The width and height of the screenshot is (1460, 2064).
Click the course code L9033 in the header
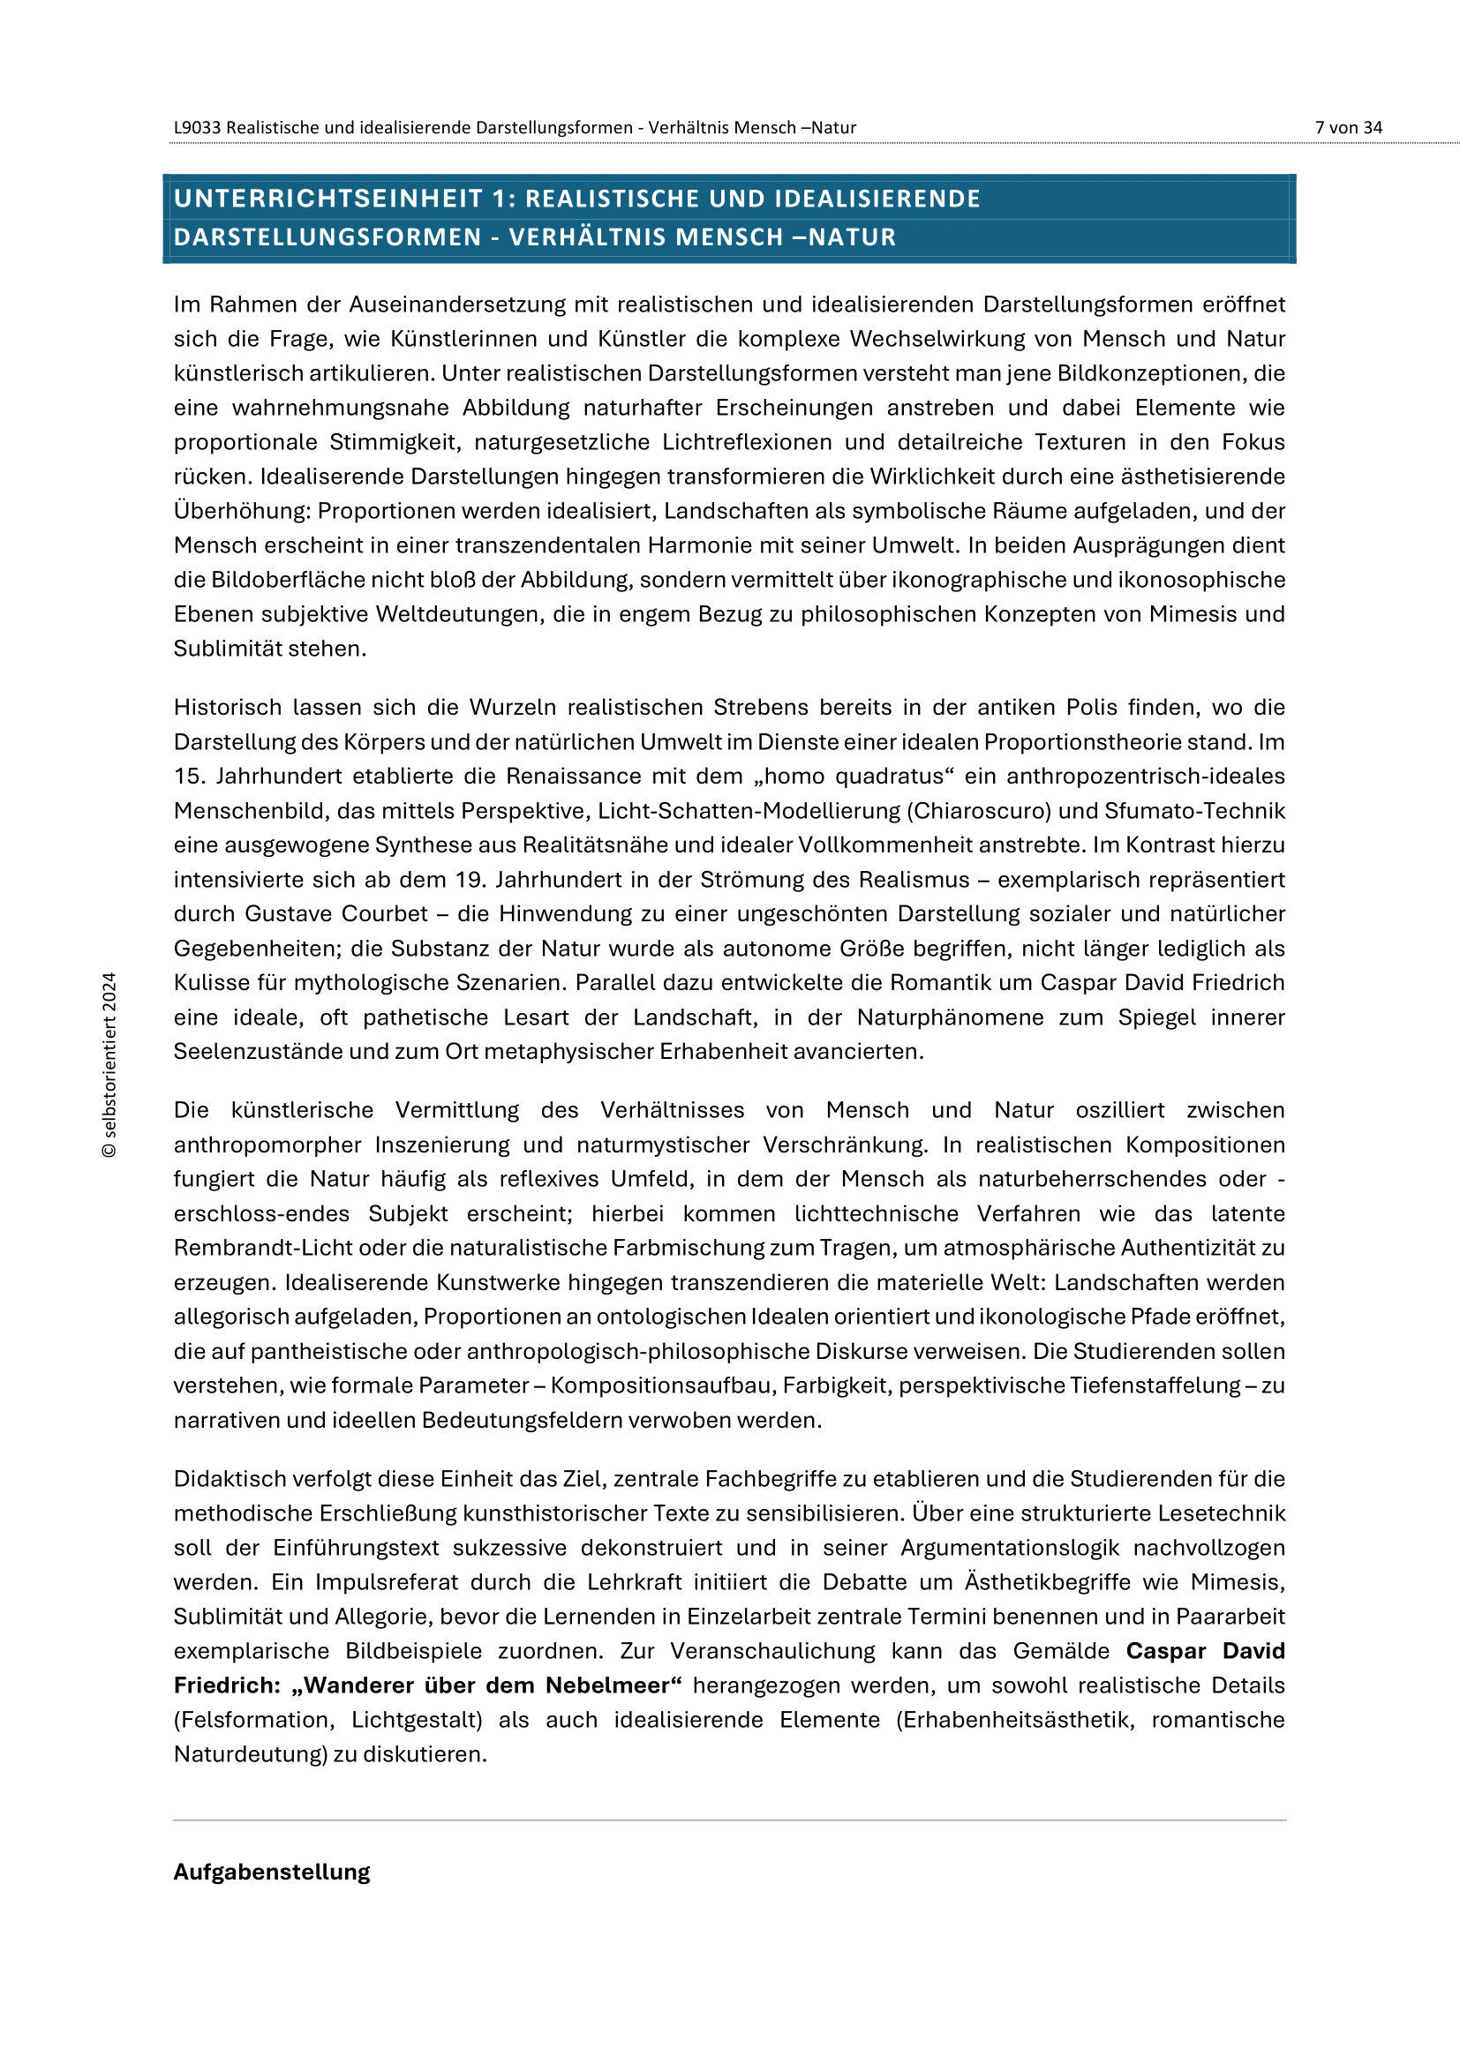coord(197,128)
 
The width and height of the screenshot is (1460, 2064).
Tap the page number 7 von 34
coord(1348,128)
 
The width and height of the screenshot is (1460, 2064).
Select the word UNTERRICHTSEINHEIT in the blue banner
coord(328,199)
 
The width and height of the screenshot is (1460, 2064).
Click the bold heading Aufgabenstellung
coord(272,1872)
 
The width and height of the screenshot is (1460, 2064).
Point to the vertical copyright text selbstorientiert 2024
coord(109,1064)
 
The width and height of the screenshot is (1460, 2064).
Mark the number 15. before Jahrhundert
coord(188,776)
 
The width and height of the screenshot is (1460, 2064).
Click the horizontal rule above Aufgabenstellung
coord(729,1820)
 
